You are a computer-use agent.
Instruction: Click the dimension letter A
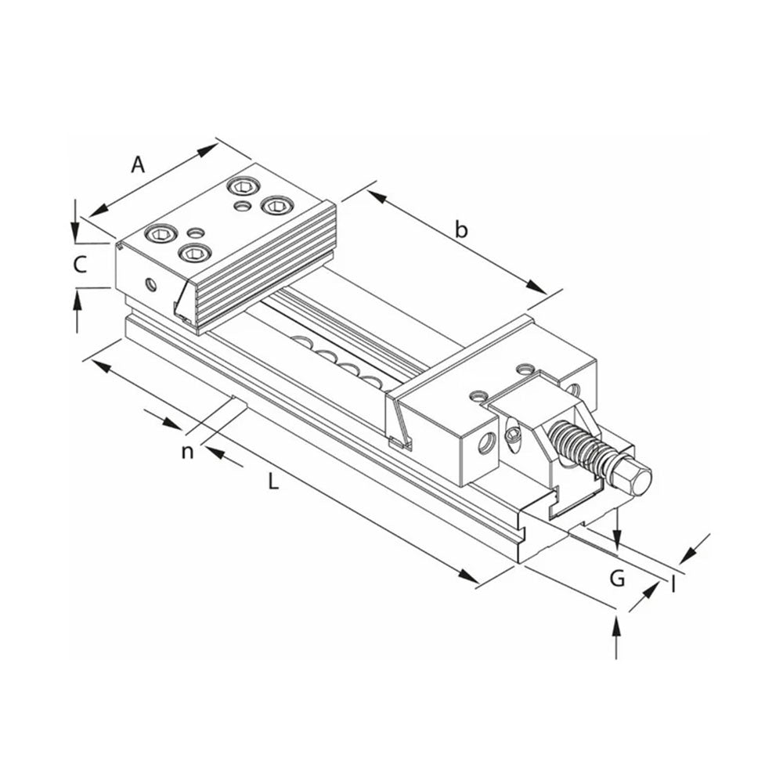tap(138, 164)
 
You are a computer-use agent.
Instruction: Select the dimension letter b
tap(462, 229)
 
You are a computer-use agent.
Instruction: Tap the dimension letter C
tap(80, 265)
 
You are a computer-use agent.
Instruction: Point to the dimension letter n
tap(187, 452)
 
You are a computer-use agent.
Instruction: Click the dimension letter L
tap(272, 482)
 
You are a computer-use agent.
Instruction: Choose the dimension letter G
tap(617, 579)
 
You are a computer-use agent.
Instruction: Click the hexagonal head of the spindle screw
tap(633, 477)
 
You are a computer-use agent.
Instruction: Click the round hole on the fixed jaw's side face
tap(150, 283)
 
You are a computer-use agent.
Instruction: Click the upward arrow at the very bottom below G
tap(617, 626)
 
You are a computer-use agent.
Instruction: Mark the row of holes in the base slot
tap(337, 359)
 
